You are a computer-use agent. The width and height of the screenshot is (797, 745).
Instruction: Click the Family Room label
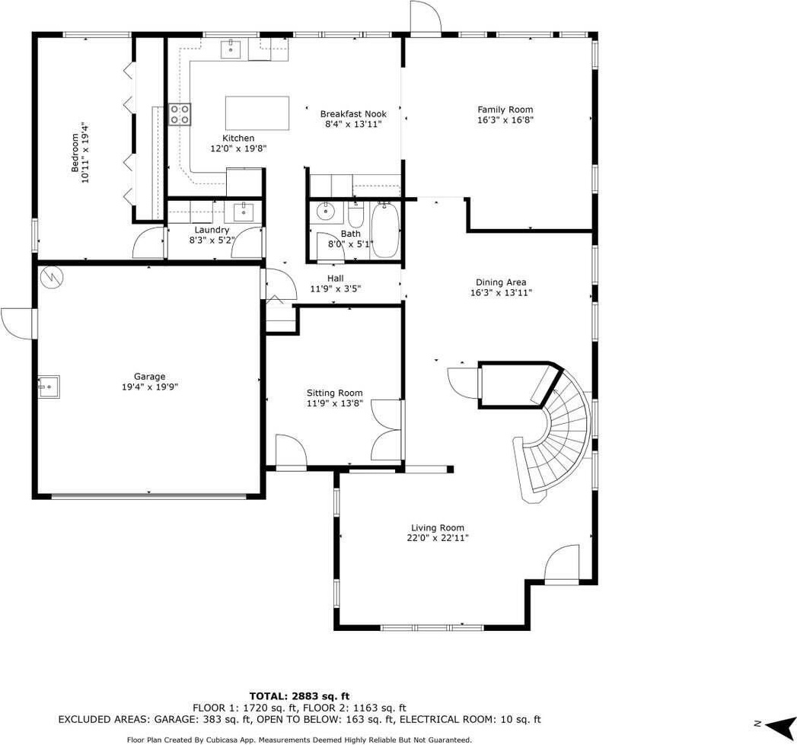coord(505,110)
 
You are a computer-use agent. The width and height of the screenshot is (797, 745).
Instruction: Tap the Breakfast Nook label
coord(353,114)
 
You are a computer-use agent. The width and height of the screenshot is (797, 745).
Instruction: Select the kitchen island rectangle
coord(257,113)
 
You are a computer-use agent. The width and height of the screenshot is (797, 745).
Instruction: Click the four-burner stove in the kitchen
coord(180,114)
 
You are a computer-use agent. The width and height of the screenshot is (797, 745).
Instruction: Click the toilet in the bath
coord(355,214)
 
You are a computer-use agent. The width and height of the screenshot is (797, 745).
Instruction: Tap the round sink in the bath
coord(325,212)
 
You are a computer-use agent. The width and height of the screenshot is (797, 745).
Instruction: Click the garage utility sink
coord(48,387)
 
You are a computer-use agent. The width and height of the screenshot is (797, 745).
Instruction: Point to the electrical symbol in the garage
coord(51,276)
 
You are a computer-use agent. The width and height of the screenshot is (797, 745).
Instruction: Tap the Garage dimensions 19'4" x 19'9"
coord(149,387)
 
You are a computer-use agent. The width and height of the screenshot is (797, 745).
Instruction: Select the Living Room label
coord(438,528)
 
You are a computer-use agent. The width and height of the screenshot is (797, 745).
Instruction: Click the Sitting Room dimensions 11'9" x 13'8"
coord(334,403)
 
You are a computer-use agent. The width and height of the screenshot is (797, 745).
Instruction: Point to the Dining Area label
coord(501,282)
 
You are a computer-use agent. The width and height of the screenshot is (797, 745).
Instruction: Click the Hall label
coord(336,279)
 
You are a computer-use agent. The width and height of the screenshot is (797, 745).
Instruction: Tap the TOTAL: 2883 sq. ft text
coord(299,696)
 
